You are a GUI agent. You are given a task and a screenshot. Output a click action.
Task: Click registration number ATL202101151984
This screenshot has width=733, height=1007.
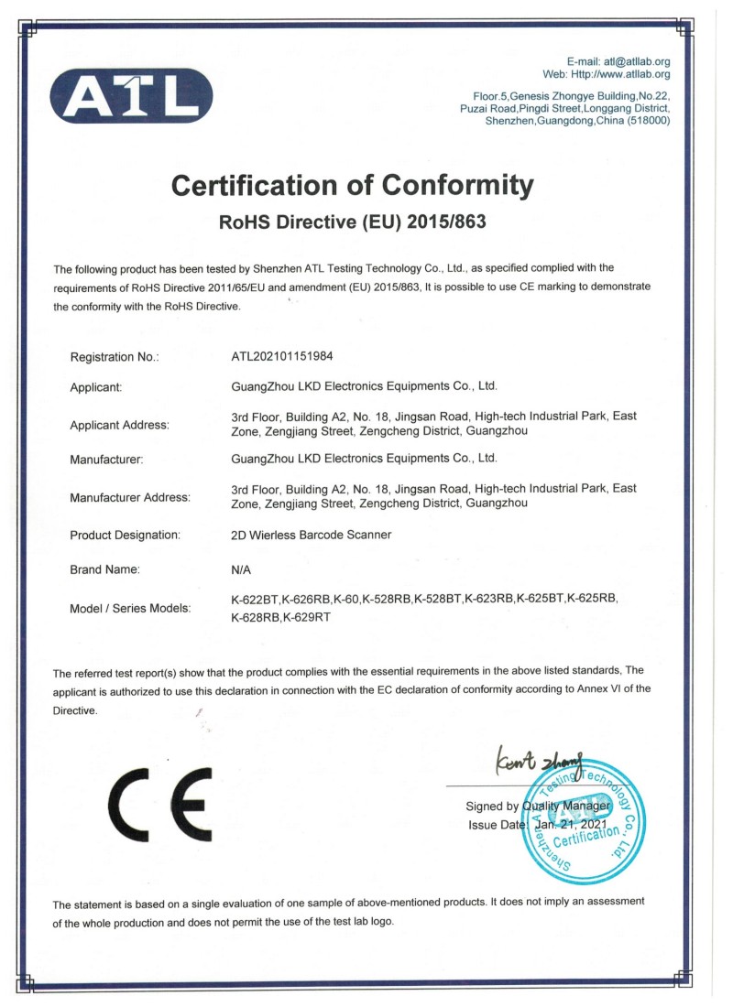pyautogui.click(x=290, y=357)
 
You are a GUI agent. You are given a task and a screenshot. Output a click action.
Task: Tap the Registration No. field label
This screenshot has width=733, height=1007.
pyautogui.click(x=115, y=357)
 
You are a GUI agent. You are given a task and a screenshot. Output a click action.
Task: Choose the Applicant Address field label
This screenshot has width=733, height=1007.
pyautogui.click(x=119, y=425)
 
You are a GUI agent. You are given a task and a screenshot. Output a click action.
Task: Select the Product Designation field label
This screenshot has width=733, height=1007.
pyautogui.click(x=125, y=535)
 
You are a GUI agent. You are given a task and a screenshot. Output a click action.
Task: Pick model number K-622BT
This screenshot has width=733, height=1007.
pyautogui.click(x=255, y=599)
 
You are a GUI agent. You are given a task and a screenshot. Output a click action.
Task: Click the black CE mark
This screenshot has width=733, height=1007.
pyautogui.click(x=159, y=806)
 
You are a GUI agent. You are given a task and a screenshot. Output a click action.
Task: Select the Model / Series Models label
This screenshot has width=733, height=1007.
pyautogui.click(x=130, y=608)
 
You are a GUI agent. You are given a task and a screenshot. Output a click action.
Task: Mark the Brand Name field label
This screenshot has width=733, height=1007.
pyautogui.click(x=104, y=569)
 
